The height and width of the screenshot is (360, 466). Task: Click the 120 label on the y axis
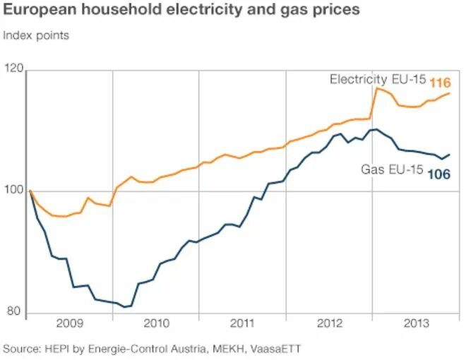pyautogui.click(x=13, y=68)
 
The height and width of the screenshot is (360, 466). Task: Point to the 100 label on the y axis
pyautogui.click(x=13, y=191)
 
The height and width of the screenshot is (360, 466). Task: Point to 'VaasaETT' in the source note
pyautogui.click(x=277, y=349)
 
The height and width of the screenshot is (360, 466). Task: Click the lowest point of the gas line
pyautogui.click(x=125, y=307)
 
